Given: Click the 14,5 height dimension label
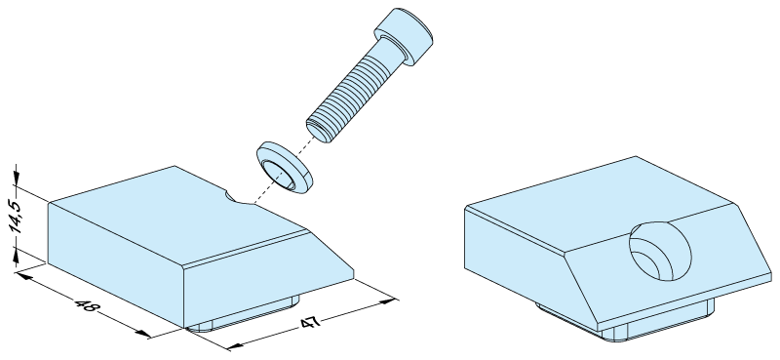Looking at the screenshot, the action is tap(16, 217).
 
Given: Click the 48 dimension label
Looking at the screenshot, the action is tap(86, 305).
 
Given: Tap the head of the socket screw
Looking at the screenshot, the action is tap(404, 36).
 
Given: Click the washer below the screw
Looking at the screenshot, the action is tap(285, 168).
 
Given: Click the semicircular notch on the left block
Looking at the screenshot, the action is tap(239, 197).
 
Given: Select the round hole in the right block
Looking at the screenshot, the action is tap(660, 251).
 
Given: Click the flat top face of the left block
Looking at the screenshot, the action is tap(179, 214).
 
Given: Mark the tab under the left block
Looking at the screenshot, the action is tap(244, 315).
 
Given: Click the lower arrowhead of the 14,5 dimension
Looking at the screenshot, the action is tap(17, 256).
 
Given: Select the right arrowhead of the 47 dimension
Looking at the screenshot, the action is tap(388, 301).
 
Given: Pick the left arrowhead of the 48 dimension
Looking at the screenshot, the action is tap(23, 275).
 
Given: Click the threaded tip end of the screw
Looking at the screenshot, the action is tap(319, 131).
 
